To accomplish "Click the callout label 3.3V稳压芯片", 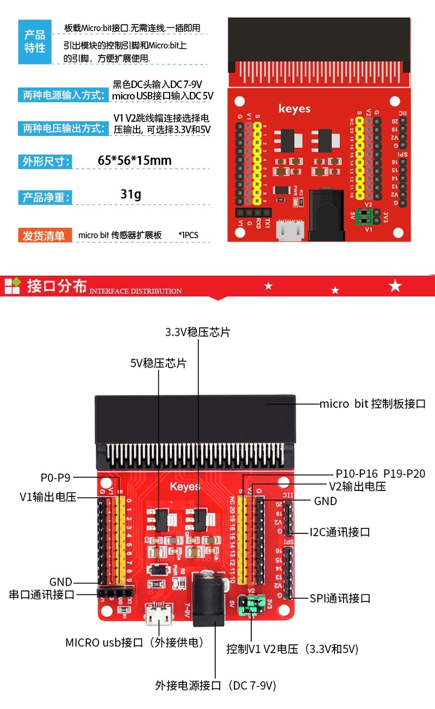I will [198, 332].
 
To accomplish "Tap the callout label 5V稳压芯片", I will [158, 363].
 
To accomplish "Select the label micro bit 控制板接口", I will [372, 404].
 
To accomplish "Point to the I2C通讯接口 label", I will [340, 532].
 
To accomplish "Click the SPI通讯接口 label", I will [340, 598].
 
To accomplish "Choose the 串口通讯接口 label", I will [42, 594].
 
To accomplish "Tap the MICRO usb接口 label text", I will [134, 642].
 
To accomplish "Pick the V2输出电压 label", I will [357, 487].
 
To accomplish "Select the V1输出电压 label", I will [48, 496].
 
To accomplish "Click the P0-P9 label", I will [55, 478].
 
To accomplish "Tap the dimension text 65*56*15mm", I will [134, 160].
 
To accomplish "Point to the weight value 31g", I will [130, 194].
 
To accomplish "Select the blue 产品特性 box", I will [35, 42].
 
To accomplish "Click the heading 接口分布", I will [57, 286].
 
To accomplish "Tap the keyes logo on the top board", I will [294, 108].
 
